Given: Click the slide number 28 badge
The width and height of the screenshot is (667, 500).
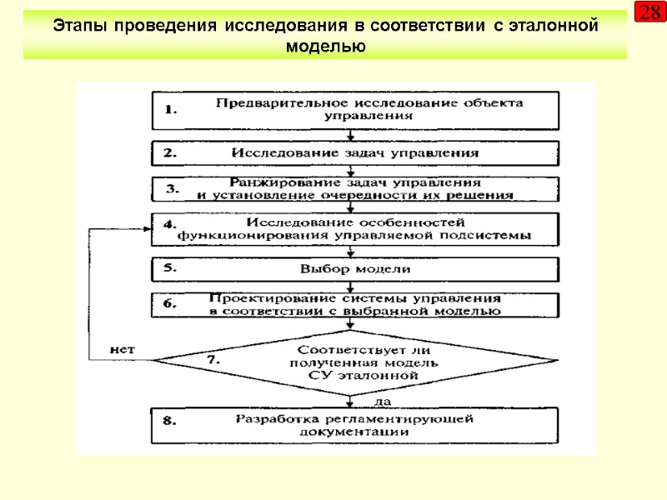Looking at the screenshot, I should [x=649, y=12].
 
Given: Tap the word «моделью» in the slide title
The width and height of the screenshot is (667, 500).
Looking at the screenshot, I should [x=325, y=46].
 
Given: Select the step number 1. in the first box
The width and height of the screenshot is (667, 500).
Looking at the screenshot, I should [x=171, y=110].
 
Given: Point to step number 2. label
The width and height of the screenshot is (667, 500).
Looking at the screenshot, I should [x=171, y=153].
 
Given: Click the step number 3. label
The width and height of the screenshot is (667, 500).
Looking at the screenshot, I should [x=173, y=189].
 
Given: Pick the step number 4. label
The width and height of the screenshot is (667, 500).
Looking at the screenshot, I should [x=171, y=225].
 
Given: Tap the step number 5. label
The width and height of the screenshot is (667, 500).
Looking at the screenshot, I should [x=171, y=268].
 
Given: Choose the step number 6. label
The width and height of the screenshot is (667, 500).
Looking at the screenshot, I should [x=171, y=304].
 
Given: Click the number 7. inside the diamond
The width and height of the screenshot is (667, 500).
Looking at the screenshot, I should [x=213, y=360].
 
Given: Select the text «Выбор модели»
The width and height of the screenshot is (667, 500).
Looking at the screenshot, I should [x=355, y=270].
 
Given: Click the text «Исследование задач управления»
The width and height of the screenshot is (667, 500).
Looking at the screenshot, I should [x=354, y=153].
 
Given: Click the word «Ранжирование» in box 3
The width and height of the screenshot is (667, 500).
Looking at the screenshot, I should [x=276, y=182].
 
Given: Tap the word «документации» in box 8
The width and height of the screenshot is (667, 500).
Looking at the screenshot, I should [x=355, y=432].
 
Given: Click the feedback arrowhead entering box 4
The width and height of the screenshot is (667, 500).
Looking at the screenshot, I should [x=146, y=229].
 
